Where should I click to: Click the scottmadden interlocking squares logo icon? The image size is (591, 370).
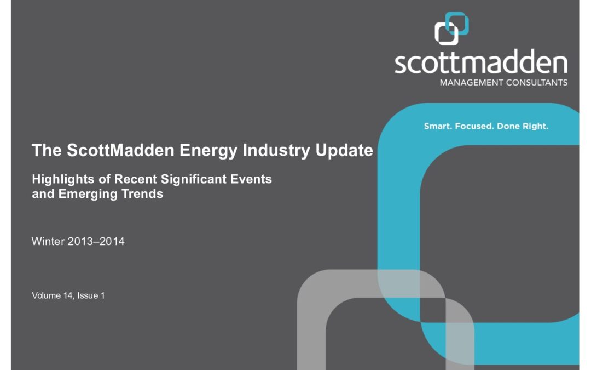(x=451, y=29)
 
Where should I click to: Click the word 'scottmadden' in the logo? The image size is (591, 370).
(x=481, y=61)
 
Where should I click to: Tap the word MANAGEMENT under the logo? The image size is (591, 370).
(x=472, y=82)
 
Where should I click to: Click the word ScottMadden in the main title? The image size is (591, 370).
(x=120, y=150)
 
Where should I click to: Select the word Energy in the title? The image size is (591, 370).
(x=208, y=151)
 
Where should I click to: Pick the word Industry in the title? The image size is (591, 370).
(x=276, y=151)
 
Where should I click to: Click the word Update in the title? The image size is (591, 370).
(x=344, y=151)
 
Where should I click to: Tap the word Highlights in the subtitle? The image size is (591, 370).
(x=63, y=179)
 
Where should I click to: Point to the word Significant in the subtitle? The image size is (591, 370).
(x=194, y=179)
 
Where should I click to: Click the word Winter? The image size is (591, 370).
(x=48, y=241)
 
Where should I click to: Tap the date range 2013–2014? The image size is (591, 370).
(x=96, y=241)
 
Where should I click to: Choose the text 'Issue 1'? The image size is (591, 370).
(x=91, y=295)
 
